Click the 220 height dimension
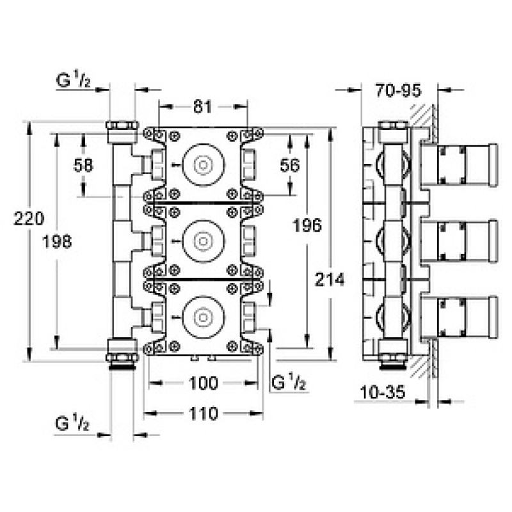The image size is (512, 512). (x=29, y=219)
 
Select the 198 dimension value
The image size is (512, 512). (x=57, y=242)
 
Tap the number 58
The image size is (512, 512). (x=83, y=165)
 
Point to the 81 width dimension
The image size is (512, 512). (x=202, y=106)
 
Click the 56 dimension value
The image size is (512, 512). (x=290, y=165)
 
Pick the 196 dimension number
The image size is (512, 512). (x=307, y=225)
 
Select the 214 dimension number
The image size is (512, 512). (x=330, y=280)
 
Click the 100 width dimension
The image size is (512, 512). (x=203, y=383)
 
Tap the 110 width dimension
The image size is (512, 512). (x=203, y=413)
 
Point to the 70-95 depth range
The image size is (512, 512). (x=398, y=90)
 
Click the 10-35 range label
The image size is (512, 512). (x=383, y=392)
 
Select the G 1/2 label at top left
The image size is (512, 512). (x=74, y=80)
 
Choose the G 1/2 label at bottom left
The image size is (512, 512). (x=72, y=423)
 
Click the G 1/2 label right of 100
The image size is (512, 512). (x=289, y=382)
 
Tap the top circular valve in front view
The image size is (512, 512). (x=204, y=164)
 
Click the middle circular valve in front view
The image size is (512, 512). (x=204, y=241)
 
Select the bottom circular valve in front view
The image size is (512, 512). (x=204, y=317)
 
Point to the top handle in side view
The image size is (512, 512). (x=459, y=165)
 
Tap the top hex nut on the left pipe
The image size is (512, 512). (x=122, y=125)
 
